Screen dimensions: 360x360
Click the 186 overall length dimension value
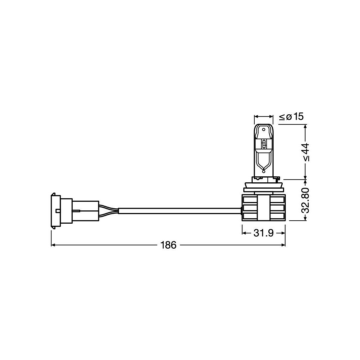coord(168,245)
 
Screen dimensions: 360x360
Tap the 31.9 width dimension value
coord(264,233)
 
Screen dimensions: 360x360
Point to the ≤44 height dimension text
coord(306,152)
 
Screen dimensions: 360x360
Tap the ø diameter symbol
coord(289,117)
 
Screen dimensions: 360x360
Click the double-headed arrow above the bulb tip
coord(264,117)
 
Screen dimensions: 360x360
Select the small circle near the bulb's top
coord(264,129)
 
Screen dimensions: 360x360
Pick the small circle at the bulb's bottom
coord(264,171)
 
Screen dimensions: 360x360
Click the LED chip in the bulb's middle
coord(264,144)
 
